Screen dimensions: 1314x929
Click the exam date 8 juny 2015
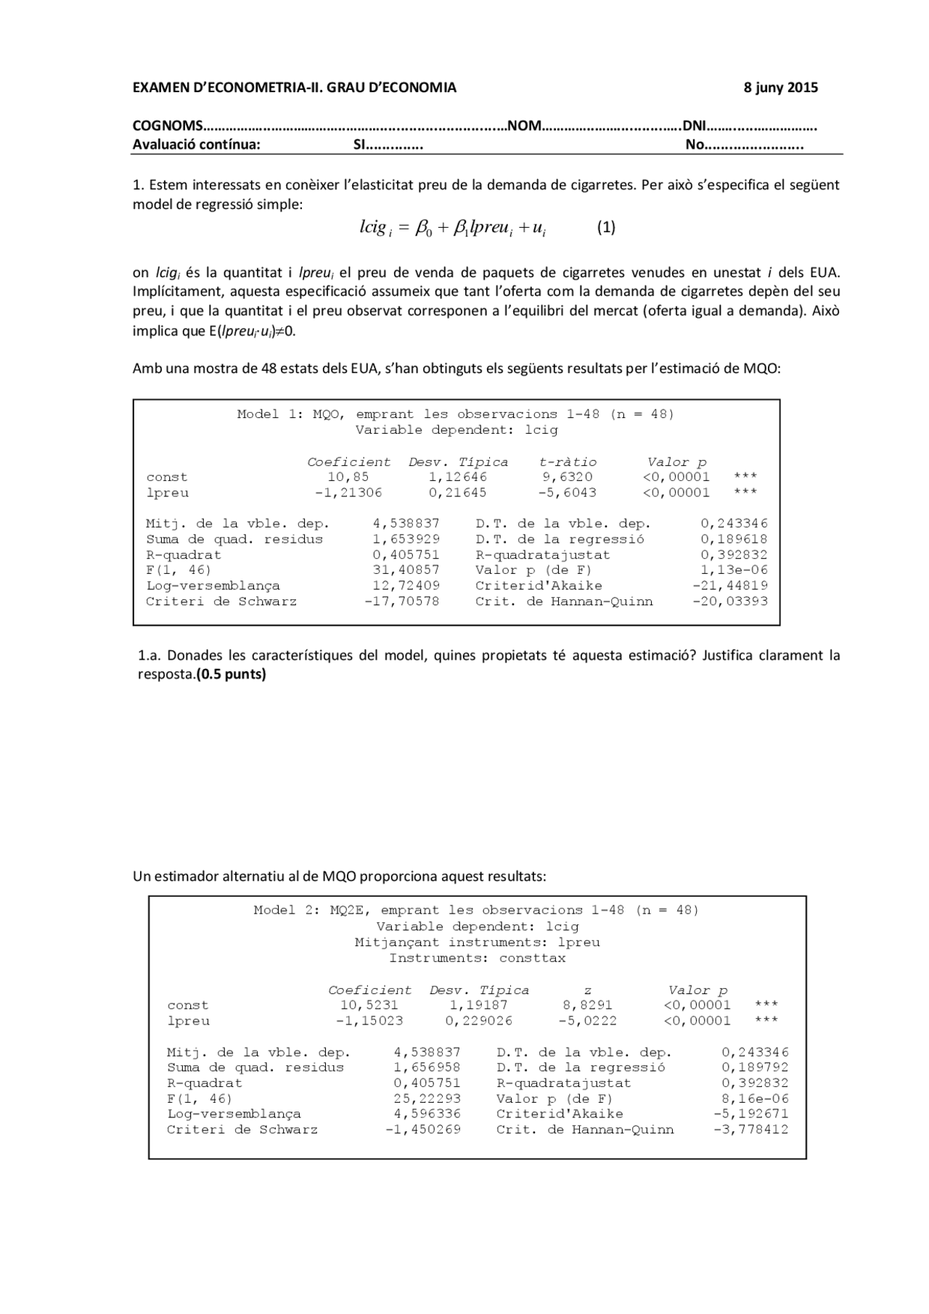tap(780, 89)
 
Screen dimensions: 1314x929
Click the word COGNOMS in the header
tap(168, 126)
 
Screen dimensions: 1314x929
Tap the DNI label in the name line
tap(695, 126)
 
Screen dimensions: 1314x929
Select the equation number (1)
tap(606, 228)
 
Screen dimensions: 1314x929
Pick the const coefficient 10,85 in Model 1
tap(348, 477)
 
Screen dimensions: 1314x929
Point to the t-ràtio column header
tap(568, 462)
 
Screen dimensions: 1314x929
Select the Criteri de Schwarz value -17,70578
tap(402, 601)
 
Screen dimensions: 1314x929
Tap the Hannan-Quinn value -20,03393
tap(730, 601)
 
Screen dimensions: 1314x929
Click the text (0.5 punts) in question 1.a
tap(232, 675)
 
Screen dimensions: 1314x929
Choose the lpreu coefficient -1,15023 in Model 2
tap(369, 1021)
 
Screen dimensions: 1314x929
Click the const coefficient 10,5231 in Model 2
tap(369, 1006)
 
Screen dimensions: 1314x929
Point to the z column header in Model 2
tap(587, 990)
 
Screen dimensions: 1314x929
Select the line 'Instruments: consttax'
tap(477, 958)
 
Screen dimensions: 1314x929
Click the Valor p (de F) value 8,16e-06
tap(755, 1099)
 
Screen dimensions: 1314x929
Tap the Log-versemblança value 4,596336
tap(427, 1114)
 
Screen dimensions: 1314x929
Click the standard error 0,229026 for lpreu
tap(478, 1021)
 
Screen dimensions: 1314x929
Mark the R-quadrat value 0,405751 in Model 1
tap(406, 555)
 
